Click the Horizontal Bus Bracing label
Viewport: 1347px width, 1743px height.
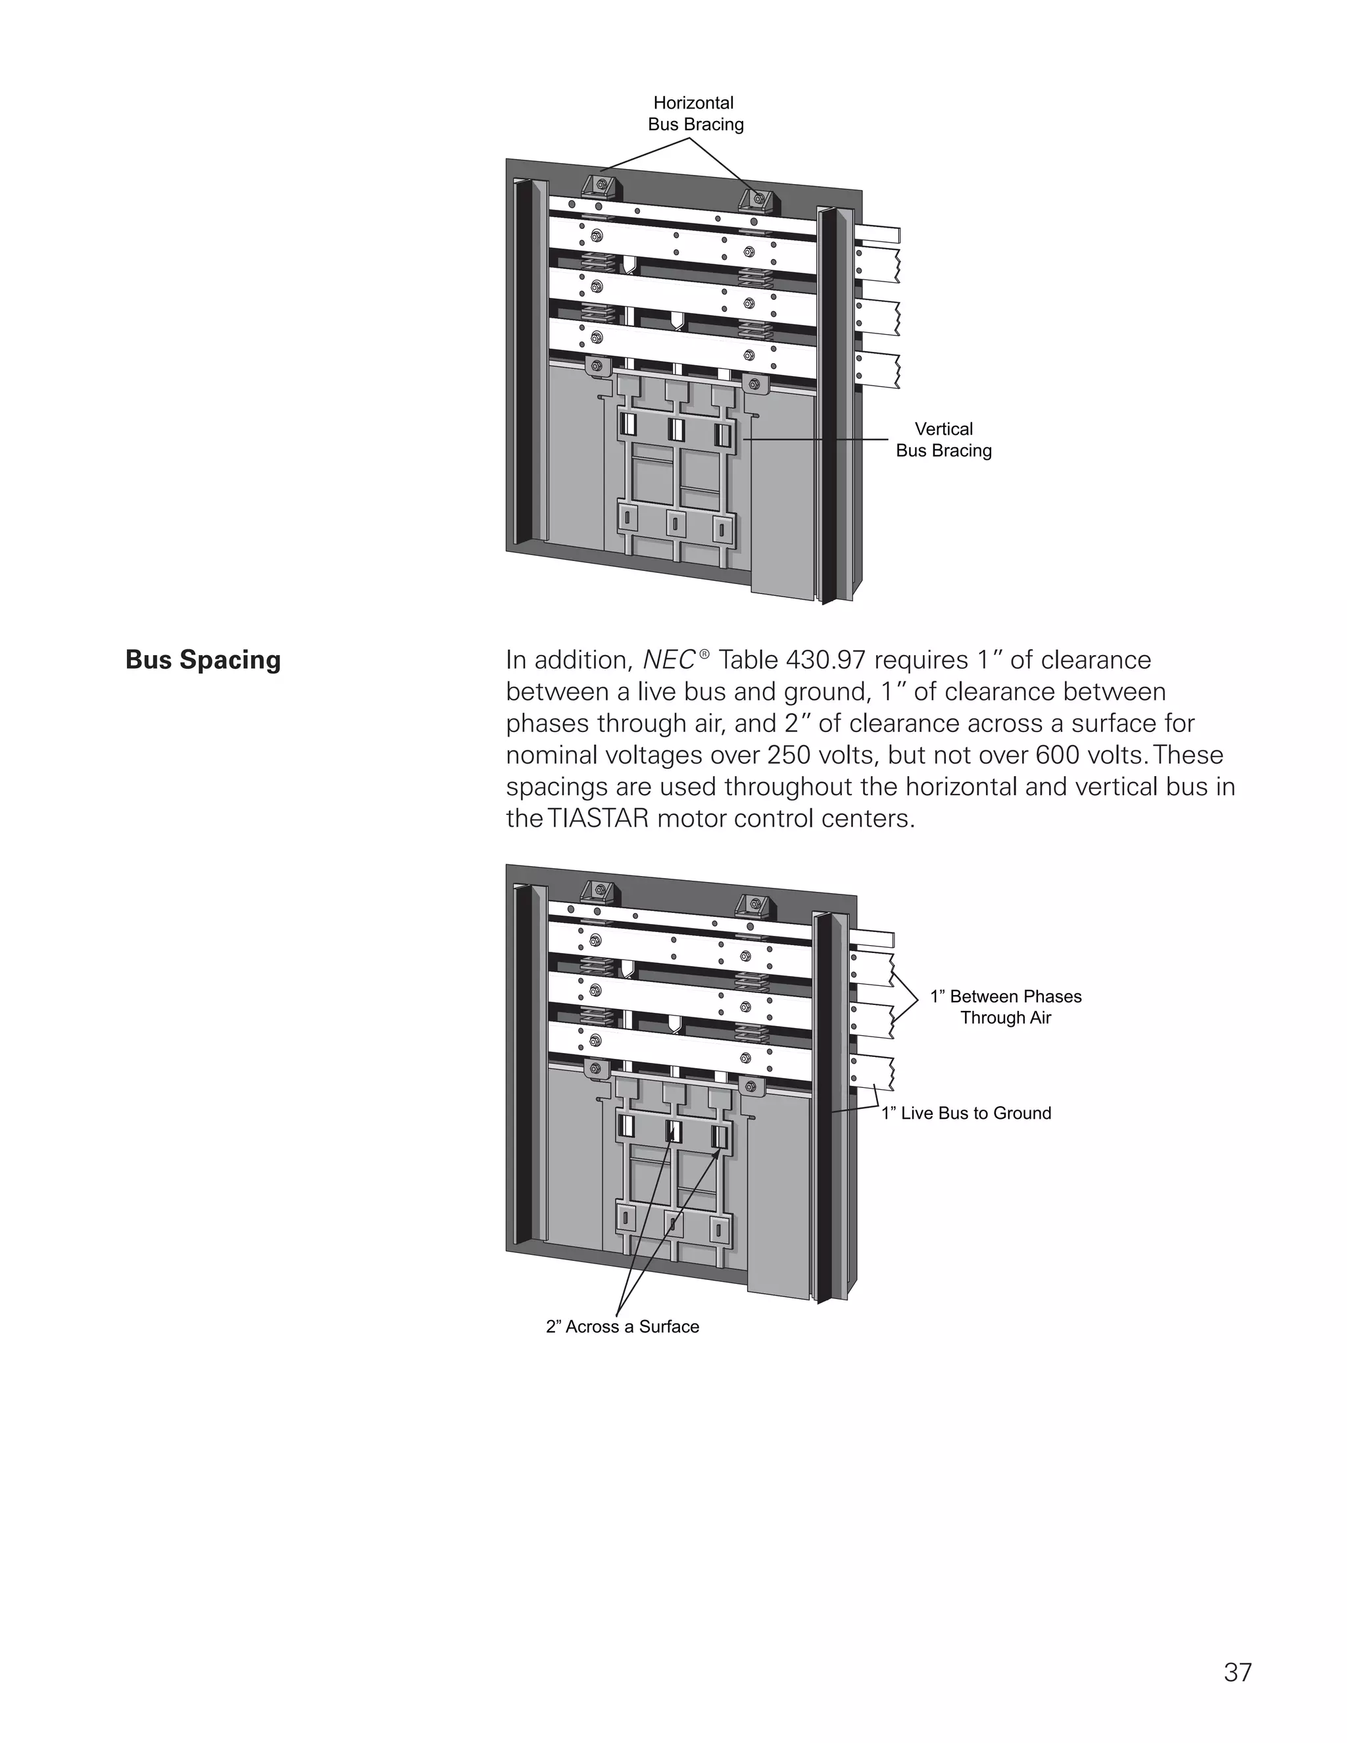tap(695, 113)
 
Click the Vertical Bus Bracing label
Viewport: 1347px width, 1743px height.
tap(943, 440)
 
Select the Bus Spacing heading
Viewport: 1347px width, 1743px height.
tap(203, 660)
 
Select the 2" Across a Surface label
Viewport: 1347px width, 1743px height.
tap(622, 1327)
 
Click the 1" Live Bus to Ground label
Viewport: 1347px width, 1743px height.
tap(966, 1114)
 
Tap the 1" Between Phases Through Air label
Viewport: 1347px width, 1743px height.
tap(1006, 1007)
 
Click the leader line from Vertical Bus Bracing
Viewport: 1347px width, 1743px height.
tap(822, 439)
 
